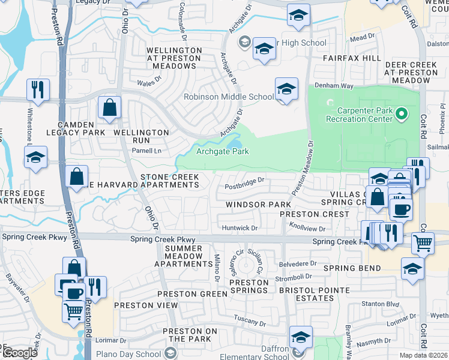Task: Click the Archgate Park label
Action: click(223, 152)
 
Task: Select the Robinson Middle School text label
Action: click(229, 97)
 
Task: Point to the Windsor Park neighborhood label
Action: click(258, 205)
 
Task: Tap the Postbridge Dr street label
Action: click(244, 187)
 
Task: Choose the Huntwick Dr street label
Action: click(240, 228)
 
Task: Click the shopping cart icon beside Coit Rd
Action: click(423, 243)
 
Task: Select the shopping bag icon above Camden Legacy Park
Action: click(110, 109)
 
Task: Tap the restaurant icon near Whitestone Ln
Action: click(38, 90)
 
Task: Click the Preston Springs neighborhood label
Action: click(249, 286)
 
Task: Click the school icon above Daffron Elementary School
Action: click(301, 337)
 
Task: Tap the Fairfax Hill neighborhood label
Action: click(352, 58)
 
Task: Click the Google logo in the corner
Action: click(20, 352)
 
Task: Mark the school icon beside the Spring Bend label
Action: click(412, 269)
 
